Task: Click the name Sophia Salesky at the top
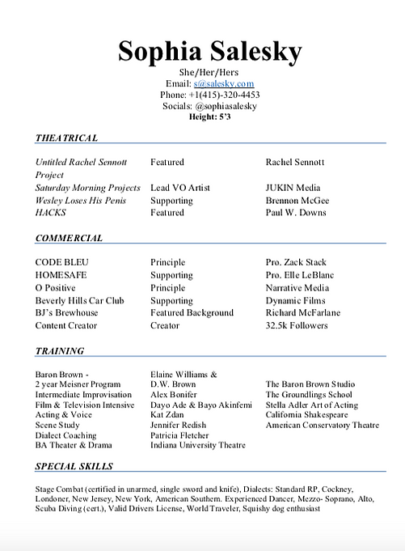(209, 51)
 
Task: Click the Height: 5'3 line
(210, 117)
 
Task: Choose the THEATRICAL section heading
(66, 138)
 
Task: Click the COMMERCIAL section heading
(69, 239)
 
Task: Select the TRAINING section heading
(60, 351)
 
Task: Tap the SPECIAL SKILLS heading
(74, 467)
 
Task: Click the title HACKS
(50, 213)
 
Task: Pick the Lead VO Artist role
(179, 188)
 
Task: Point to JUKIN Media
(293, 188)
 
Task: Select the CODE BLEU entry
(62, 263)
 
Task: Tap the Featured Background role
(192, 313)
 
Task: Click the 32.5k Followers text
(297, 326)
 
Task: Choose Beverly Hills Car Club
(79, 301)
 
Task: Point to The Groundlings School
(309, 395)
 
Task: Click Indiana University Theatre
(198, 445)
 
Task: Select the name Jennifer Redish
(178, 425)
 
